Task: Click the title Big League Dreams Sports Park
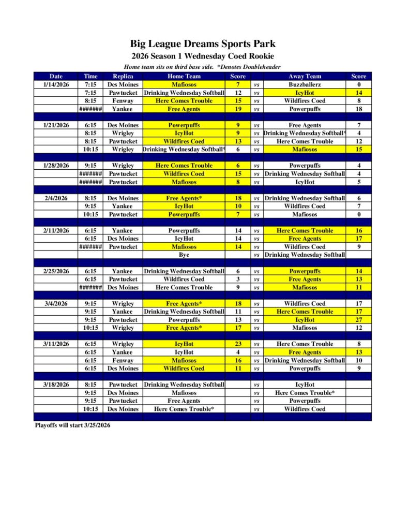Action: [203, 44]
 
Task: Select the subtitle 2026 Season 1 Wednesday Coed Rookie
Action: [203, 56]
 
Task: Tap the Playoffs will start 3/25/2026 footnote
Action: [72, 425]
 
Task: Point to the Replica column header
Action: [123, 76]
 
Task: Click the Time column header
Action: [90, 76]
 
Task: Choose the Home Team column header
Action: [184, 76]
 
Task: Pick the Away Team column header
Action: [305, 76]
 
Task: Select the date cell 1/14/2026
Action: [56, 84]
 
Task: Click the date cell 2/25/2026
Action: [56, 271]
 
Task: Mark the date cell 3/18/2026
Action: [56, 385]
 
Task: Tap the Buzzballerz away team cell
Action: [305, 84]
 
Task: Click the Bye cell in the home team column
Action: [184, 255]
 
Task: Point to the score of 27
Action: [358, 320]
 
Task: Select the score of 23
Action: [238, 344]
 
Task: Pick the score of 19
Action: [238, 109]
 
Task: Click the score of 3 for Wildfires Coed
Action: [238, 279]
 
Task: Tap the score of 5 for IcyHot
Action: [358, 182]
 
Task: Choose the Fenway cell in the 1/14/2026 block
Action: [123, 101]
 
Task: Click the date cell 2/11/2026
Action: [56, 230]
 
